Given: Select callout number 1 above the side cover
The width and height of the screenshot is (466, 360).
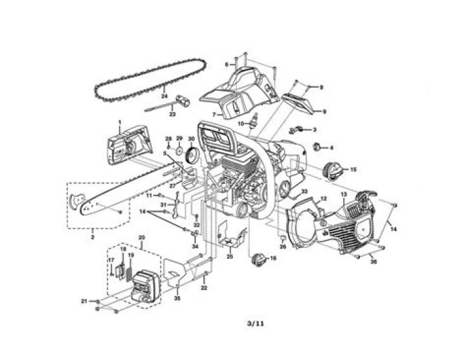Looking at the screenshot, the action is (x=120, y=122).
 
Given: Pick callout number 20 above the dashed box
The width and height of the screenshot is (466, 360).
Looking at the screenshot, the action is (x=142, y=238).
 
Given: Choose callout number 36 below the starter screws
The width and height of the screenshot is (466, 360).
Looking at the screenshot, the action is (x=373, y=262).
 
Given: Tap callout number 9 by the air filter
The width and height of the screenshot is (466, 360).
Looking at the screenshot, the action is (x=324, y=111).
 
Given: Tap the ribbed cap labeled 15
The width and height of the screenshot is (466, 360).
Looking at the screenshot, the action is (x=331, y=171).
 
